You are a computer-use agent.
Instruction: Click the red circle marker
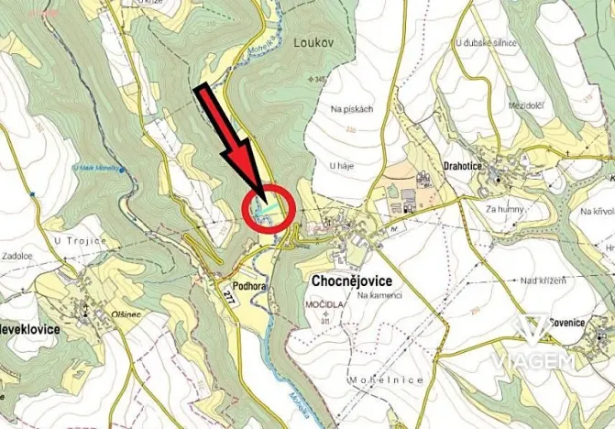tap(268, 210)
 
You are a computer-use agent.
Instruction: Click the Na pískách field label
tap(352, 110)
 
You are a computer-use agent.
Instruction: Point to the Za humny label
tap(504, 209)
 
